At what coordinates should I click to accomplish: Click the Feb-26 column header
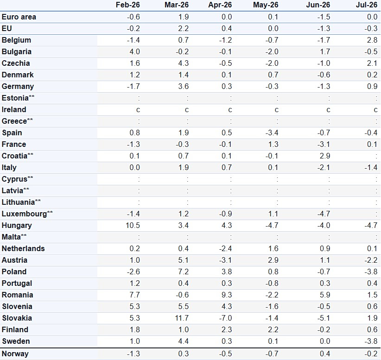127,5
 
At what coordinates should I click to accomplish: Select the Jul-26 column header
367,5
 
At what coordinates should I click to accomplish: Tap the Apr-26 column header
220,5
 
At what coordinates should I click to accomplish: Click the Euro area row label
19,17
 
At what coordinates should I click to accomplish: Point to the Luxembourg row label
27,214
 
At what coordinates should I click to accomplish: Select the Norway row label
15,354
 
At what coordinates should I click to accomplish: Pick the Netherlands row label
23,248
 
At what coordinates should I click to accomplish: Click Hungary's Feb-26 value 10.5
133,225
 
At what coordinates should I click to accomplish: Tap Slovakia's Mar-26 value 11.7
182,318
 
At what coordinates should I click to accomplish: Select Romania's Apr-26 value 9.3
227,295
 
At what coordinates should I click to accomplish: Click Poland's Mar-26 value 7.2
184,272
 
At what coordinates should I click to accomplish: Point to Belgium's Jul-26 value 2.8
372,40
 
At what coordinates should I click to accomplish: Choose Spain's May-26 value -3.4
272,133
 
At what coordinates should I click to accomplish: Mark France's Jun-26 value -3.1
324,144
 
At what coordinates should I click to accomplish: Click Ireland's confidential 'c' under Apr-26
230,110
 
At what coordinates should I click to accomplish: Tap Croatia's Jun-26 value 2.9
325,156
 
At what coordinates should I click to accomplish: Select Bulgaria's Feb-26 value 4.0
134,52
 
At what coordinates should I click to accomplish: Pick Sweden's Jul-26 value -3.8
371,341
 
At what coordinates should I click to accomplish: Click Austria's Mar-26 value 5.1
184,260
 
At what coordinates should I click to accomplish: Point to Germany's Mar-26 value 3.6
184,87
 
